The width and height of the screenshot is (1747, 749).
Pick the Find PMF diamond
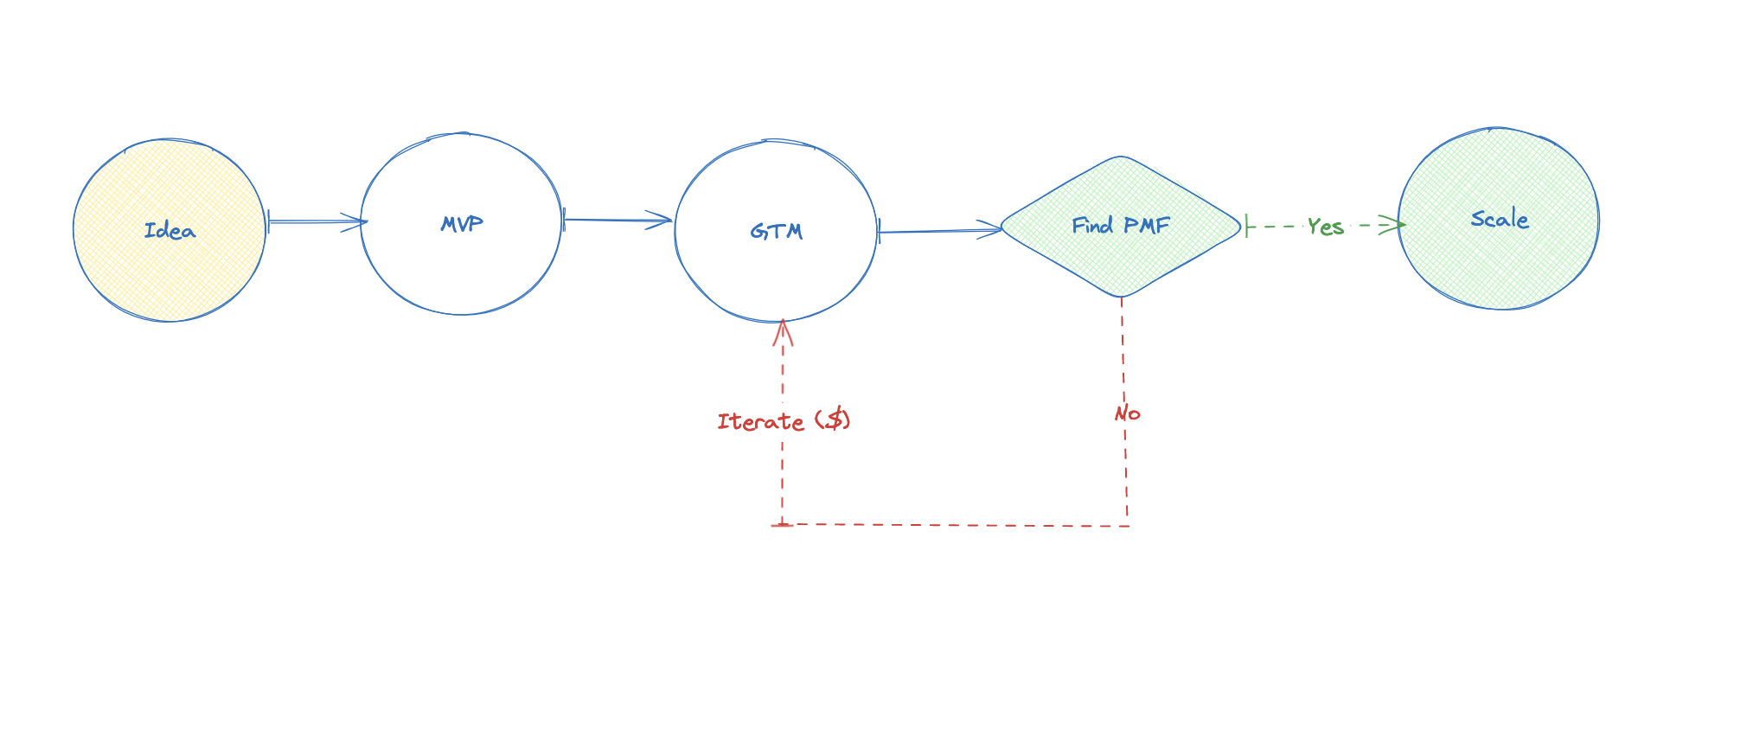(x=1121, y=259)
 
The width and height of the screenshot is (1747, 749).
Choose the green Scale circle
(x=1499, y=259)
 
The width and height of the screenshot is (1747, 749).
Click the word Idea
(x=170, y=231)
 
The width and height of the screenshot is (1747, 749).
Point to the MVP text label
(x=462, y=224)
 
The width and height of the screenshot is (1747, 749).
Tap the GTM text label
(x=777, y=232)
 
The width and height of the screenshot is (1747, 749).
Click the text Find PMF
(x=1121, y=226)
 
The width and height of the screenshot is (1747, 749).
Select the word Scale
(x=1500, y=220)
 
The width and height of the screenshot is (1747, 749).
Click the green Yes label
(x=1325, y=227)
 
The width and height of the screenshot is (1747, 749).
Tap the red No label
(x=1127, y=414)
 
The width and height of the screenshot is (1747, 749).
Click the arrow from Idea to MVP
(x=316, y=222)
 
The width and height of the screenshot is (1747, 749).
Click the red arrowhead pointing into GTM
(x=783, y=331)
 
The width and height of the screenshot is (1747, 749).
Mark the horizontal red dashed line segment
(x=951, y=525)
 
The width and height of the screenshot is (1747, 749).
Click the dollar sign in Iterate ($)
(x=835, y=420)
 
